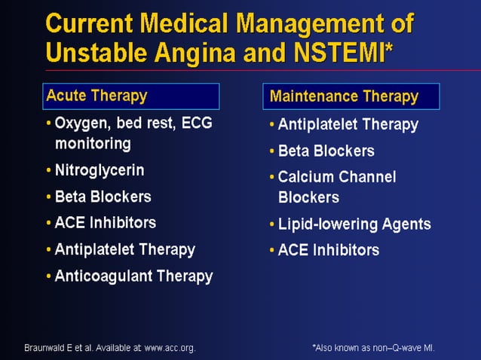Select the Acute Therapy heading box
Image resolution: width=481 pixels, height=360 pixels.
tap(131, 96)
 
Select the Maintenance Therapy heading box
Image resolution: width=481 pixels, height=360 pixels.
tap(351, 96)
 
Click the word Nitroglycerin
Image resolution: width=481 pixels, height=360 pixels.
tap(100, 170)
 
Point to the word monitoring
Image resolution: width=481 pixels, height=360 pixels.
tap(93, 143)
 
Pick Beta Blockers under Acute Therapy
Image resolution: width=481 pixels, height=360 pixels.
tap(103, 197)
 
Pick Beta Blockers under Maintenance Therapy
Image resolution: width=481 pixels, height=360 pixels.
tap(326, 151)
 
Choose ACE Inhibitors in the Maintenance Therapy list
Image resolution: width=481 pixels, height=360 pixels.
tap(328, 250)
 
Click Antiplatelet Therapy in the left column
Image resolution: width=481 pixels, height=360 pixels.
tap(124, 249)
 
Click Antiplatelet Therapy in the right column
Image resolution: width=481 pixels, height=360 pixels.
tap(348, 124)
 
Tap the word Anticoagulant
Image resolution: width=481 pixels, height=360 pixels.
tap(103, 276)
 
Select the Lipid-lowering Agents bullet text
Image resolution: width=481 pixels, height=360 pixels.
tap(354, 224)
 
